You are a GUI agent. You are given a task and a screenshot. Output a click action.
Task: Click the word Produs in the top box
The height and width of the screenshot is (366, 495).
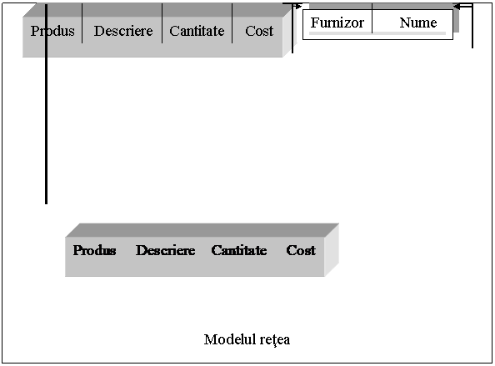[52, 31]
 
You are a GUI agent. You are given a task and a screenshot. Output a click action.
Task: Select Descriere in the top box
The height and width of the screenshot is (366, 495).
[123, 31]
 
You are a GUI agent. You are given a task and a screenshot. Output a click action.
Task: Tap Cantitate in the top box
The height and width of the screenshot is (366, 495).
[197, 31]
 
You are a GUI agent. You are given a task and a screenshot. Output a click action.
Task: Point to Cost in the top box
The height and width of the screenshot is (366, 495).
[259, 31]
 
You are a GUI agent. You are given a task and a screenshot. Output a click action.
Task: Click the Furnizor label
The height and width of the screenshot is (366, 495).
[337, 23]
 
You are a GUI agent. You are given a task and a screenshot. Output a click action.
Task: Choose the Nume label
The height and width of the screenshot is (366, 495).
[418, 23]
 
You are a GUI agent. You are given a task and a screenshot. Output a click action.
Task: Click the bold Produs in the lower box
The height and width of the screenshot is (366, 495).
[94, 250]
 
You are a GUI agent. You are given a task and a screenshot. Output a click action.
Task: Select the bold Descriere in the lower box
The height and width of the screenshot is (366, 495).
[166, 250]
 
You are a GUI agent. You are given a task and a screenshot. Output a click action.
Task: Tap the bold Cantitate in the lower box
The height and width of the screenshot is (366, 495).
[239, 250]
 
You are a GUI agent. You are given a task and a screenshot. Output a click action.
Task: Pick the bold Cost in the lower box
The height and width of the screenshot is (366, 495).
[301, 250]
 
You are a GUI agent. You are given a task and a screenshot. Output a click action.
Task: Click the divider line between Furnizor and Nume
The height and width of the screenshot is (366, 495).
[372, 18]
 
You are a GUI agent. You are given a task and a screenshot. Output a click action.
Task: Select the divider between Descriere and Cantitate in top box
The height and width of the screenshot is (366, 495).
[162, 23]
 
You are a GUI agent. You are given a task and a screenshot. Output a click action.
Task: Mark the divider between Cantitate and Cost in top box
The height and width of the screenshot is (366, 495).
[232, 23]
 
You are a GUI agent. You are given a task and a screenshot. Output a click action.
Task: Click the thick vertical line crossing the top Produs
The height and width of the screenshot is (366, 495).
[46, 104]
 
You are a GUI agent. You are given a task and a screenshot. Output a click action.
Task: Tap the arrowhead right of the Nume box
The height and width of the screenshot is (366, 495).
[457, 7]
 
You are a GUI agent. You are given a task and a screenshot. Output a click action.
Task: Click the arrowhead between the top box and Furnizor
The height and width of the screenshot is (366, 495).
[298, 6]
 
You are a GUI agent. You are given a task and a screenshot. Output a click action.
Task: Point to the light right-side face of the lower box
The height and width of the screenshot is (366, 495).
[332, 250]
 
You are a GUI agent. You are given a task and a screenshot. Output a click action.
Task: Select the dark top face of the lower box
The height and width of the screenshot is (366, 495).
[202, 230]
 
